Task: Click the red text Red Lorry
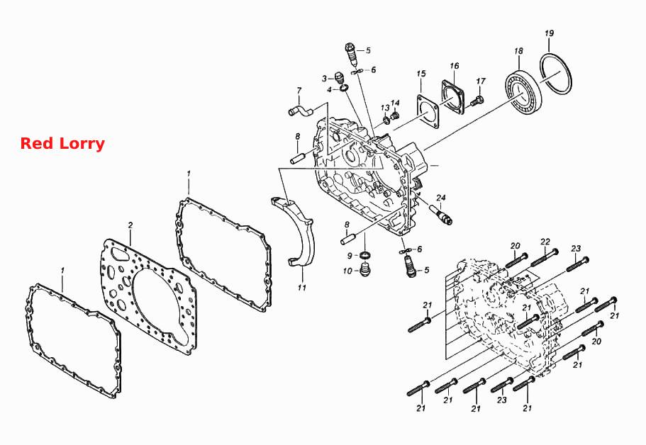(x=62, y=144)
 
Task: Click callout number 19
(x=549, y=33)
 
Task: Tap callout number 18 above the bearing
(x=518, y=51)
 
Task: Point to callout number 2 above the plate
(x=130, y=225)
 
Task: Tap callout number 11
(x=302, y=288)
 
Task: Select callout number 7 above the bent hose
(x=299, y=91)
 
